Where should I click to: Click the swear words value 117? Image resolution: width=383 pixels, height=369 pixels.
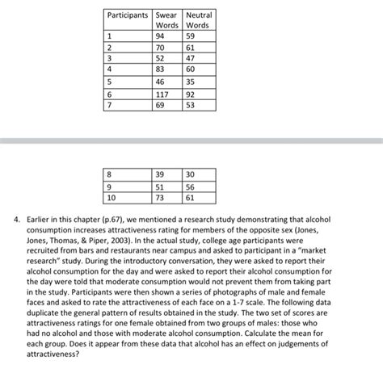click(163, 93)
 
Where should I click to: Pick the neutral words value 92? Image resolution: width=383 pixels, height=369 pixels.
click(192, 93)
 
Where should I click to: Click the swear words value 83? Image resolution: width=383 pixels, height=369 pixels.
click(161, 69)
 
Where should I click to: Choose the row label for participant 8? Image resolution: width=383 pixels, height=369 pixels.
click(111, 174)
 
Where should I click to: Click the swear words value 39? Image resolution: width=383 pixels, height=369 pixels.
click(161, 174)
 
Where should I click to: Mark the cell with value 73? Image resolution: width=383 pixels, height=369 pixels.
click(161, 196)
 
